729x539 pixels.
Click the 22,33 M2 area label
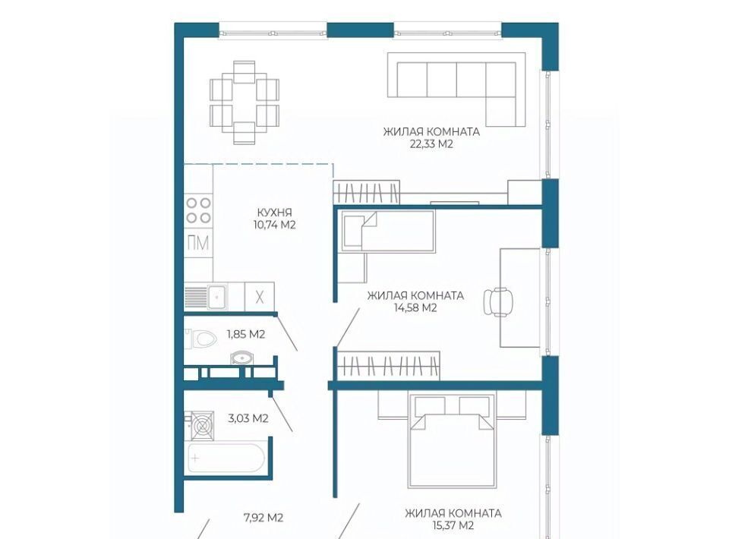(431, 144)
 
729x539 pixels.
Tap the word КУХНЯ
(274, 213)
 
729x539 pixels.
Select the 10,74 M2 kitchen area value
(274, 225)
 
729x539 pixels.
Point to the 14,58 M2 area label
(415, 307)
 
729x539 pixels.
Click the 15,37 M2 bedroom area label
(453, 525)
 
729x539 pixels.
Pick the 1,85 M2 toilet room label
(246, 334)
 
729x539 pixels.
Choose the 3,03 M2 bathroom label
(248, 418)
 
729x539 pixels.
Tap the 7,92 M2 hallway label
(264, 517)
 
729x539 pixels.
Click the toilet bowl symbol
(200, 339)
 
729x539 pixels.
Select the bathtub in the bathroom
(226, 458)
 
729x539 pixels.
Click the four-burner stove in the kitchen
(198, 210)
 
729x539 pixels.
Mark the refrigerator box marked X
(260, 296)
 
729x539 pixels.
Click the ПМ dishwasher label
(198, 243)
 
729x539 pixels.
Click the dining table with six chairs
(245, 102)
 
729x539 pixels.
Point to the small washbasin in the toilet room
(242, 358)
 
